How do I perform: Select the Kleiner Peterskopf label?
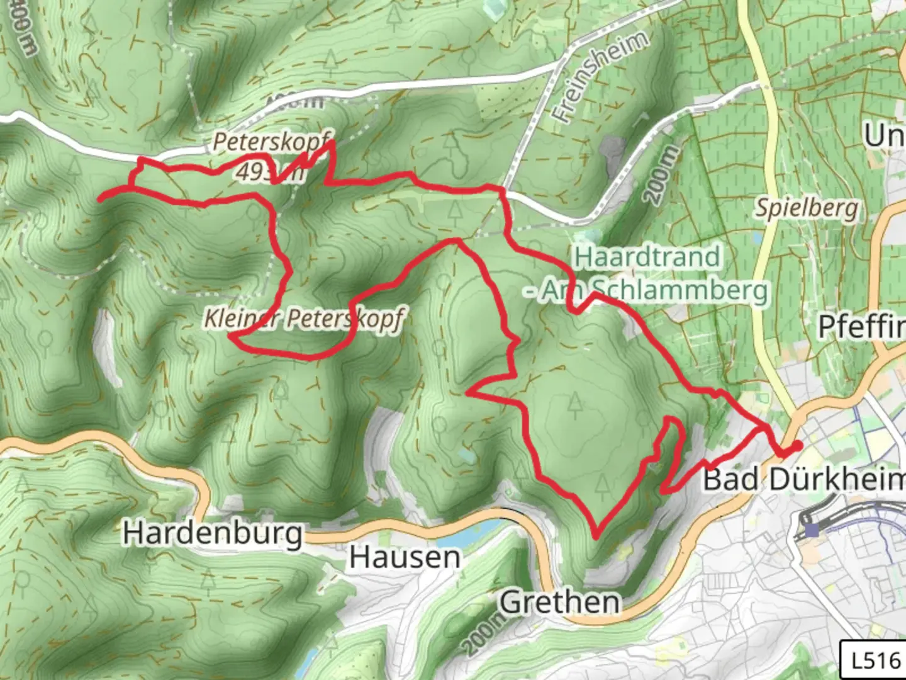coord(303,319)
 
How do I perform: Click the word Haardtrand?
coord(647,257)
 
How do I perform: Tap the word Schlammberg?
coord(680,290)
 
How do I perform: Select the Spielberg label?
coord(807,208)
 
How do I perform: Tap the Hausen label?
coord(405,558)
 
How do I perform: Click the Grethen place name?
coord(560,603)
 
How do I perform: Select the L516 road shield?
coord(875,660)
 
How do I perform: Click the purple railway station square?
coord(812,530)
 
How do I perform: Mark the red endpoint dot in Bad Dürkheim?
coord(797,446)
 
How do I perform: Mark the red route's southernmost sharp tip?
coord(595,538)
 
